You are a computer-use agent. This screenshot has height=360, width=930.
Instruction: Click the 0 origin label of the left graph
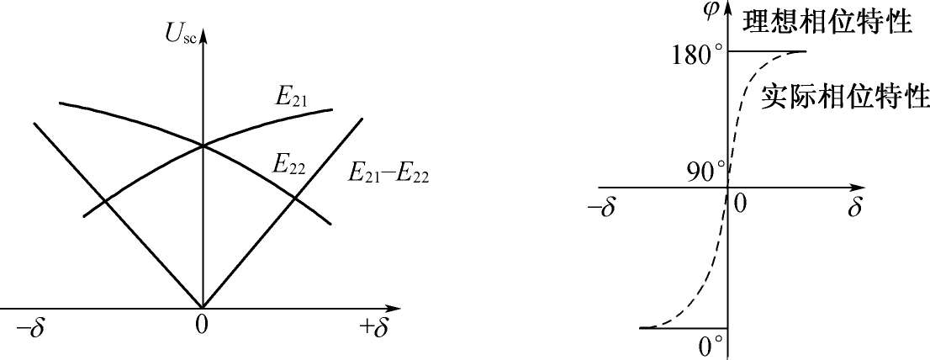pyautogui.click(x=201, y=326)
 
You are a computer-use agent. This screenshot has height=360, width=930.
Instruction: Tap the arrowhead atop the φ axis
pyautogui.click(x=729, y=11)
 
